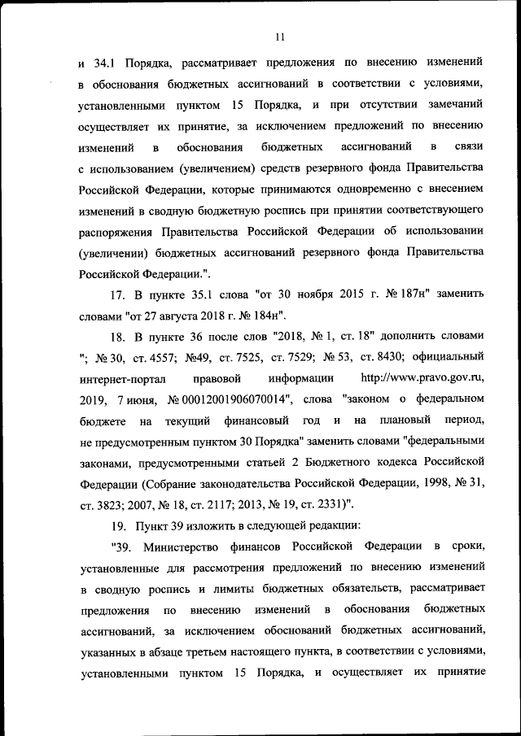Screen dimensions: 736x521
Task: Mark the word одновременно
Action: (x=372, y=188)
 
